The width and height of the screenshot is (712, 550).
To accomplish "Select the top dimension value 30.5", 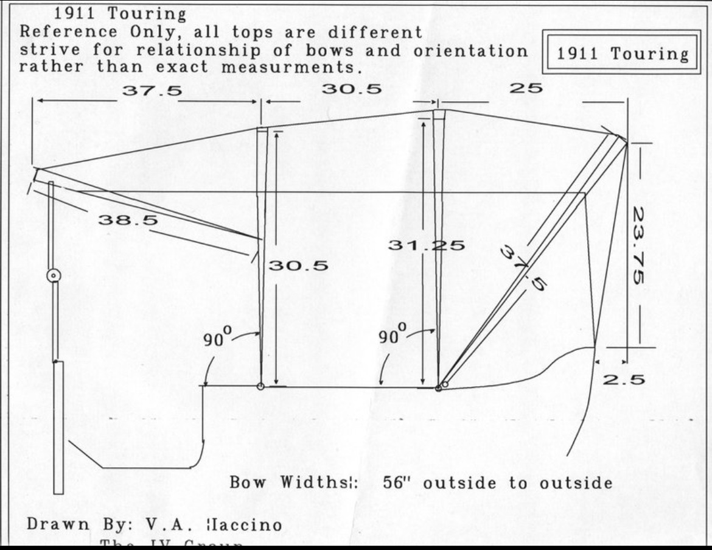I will coord(352,89).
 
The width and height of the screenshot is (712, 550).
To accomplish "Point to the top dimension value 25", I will coord(526,88).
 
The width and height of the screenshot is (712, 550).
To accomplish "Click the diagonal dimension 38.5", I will coord(127,220).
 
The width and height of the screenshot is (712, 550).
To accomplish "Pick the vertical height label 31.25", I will coord(426,245).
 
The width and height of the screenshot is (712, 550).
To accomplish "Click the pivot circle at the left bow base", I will coord(260,386).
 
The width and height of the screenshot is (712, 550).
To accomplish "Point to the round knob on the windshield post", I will coord(54,275).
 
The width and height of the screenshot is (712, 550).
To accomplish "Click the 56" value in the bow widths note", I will coord(399,483).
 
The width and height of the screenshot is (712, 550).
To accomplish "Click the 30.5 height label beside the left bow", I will coord(298,266).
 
